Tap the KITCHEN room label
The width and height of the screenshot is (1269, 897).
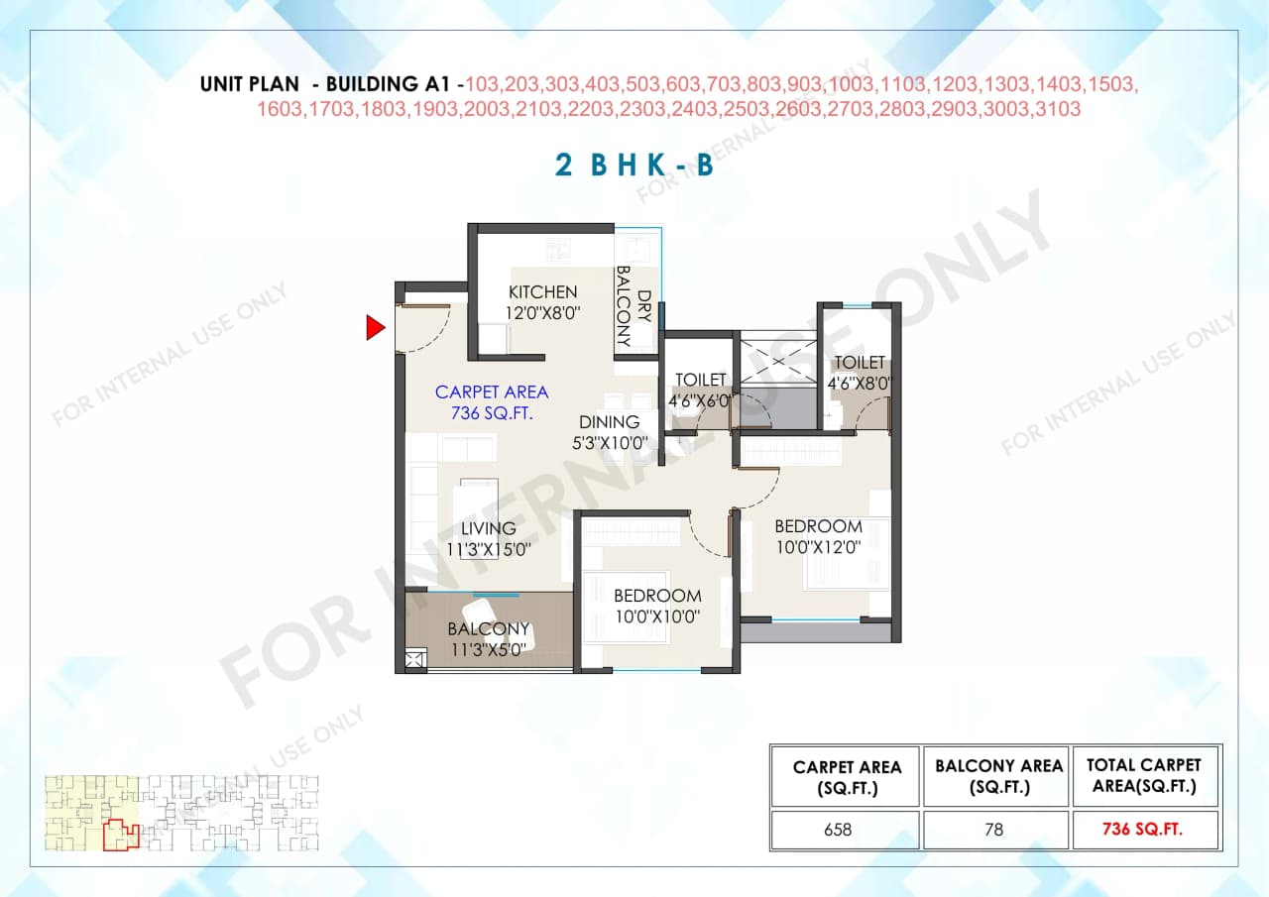542,292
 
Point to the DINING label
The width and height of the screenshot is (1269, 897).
609,422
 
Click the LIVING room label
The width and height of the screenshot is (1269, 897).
488,528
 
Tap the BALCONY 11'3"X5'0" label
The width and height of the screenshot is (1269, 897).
488,629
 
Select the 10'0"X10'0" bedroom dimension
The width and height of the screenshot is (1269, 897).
657,617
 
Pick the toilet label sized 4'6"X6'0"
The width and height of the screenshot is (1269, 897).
701,381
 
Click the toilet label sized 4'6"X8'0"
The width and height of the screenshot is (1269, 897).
860,363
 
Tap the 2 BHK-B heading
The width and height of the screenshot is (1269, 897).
634,165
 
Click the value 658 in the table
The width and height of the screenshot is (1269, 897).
838,830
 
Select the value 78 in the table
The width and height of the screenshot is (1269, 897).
994,830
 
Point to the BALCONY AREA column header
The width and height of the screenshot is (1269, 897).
997,776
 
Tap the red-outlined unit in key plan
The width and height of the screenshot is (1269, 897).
120,835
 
